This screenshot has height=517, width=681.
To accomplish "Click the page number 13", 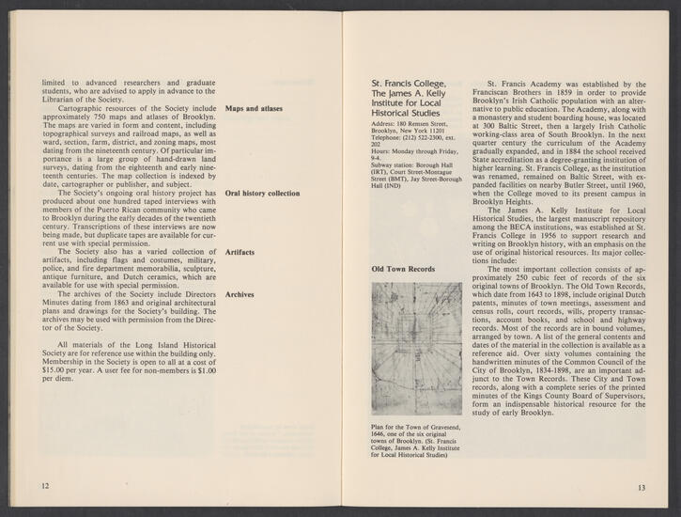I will coord(642,486).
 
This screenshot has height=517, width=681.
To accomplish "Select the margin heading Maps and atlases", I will coord(255,109).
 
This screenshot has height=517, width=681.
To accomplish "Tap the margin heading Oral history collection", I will coord(263,193).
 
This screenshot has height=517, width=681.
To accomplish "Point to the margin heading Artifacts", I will coord(241,252).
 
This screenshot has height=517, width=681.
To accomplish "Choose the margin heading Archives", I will coord(241,294).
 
